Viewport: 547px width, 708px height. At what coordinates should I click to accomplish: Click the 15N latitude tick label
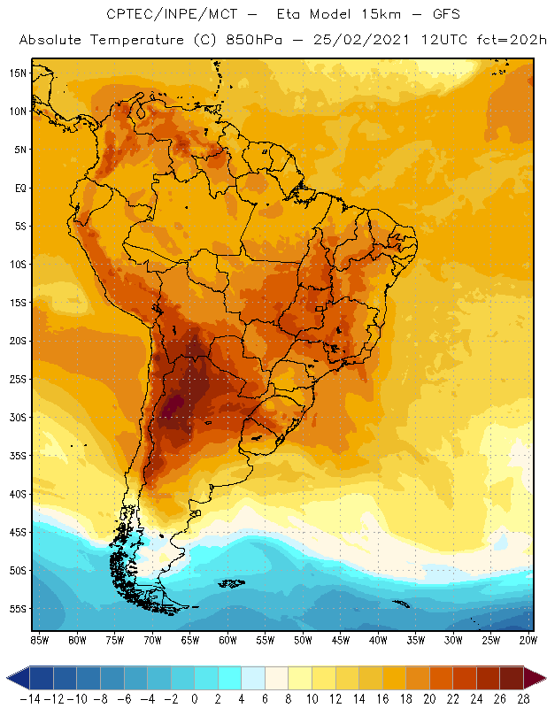[19, 73]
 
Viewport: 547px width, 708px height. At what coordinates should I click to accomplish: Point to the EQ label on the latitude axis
[19, 188]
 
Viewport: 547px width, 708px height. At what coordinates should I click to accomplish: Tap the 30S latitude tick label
[19, 417]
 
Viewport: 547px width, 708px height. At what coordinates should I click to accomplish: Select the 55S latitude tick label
[19, 609]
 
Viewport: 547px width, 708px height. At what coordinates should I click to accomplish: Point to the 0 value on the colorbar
[195, 699]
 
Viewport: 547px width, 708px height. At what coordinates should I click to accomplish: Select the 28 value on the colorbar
[522, 699]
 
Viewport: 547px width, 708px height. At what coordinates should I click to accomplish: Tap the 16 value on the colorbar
[381, 699]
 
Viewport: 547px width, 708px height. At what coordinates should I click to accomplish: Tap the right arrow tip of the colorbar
[542, 678]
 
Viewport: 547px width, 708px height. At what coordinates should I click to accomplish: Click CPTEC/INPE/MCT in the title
[163, 15]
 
